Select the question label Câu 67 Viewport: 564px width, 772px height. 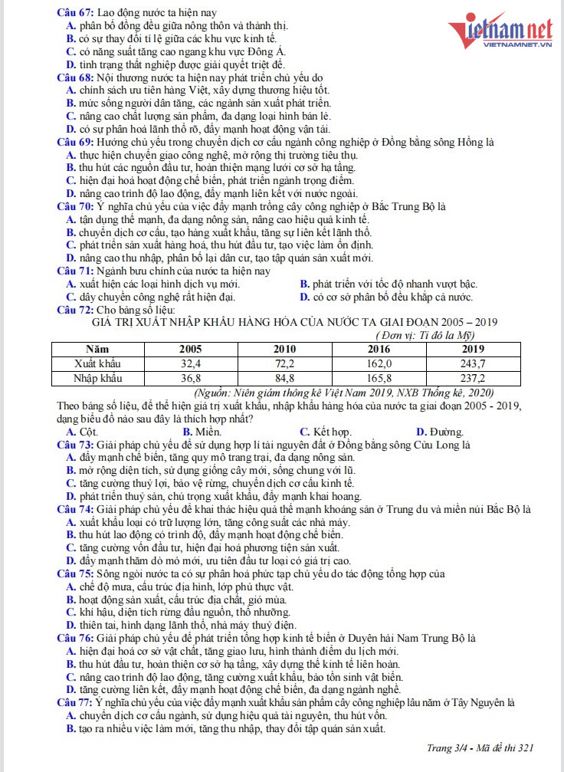tap(76, 12)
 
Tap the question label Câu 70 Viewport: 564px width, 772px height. tap(76, 206)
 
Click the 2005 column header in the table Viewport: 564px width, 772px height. tap(190, 349)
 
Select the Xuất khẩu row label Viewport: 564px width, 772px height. tap(97, 363)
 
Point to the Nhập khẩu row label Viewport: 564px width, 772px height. tap(97, 377)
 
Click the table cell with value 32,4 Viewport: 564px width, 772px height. tap(190, 363)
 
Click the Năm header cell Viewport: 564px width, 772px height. tap(97, 349)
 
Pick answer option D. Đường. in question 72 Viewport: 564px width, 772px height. tap(439, 432)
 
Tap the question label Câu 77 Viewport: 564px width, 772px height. tap(76, 702)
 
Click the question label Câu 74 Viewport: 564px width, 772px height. tap(76, 510)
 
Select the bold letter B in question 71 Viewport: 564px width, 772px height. tap(304, 284)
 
